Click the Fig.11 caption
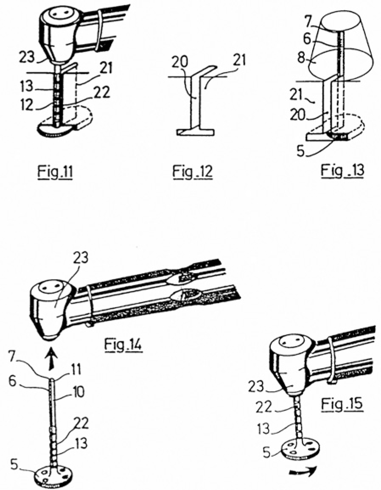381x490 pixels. coord(56,171)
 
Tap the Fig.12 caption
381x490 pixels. coord(193,171)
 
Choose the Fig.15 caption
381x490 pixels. coord(342,404)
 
